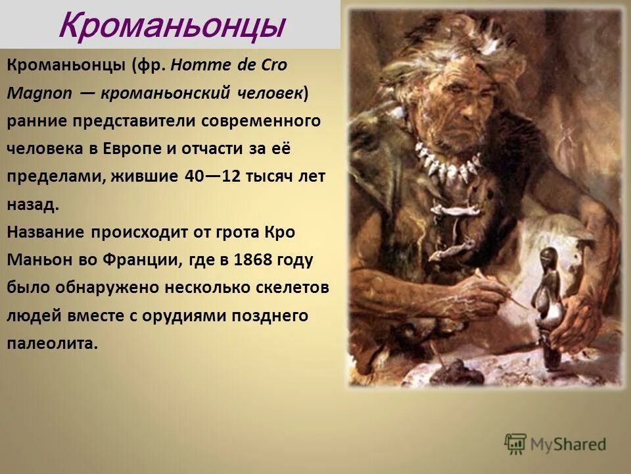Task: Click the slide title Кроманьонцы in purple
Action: [x=172, y=26]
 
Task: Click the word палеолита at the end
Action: [x=53, y=343]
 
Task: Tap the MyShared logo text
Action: [x=569, y=444]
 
